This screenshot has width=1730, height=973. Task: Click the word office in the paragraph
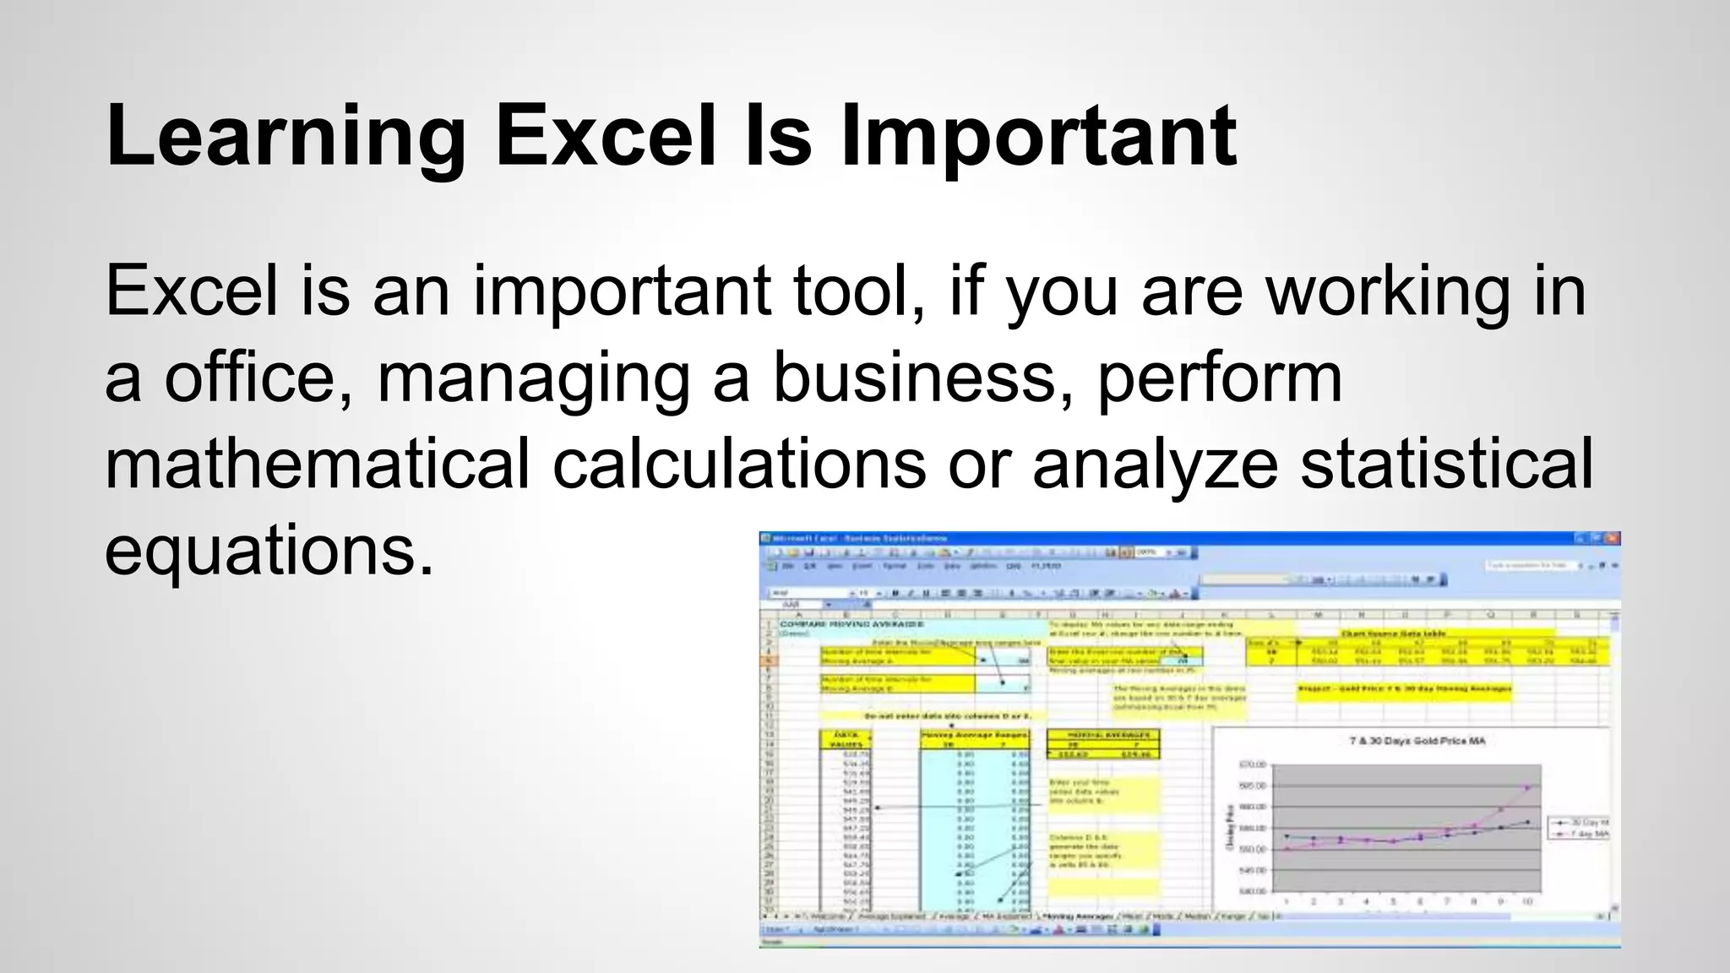point(258,378)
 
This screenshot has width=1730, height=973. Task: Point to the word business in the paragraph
point(915,378)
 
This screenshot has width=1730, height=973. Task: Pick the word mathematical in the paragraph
point(318,465)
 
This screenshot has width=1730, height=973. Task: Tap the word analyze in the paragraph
point(1155,465)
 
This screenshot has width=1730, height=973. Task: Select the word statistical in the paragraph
point(1446,465)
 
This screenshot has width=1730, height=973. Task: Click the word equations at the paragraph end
point(269,552)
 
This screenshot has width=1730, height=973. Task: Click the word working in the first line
point(1387,291)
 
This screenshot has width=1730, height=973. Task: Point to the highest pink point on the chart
point(1527,787)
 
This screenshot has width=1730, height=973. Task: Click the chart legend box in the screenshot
point(1580,828)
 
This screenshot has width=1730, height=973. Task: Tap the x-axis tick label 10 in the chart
point(1527,902)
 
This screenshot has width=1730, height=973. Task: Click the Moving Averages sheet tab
point(1077,916)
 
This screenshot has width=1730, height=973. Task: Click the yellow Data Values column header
point(845,740)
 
